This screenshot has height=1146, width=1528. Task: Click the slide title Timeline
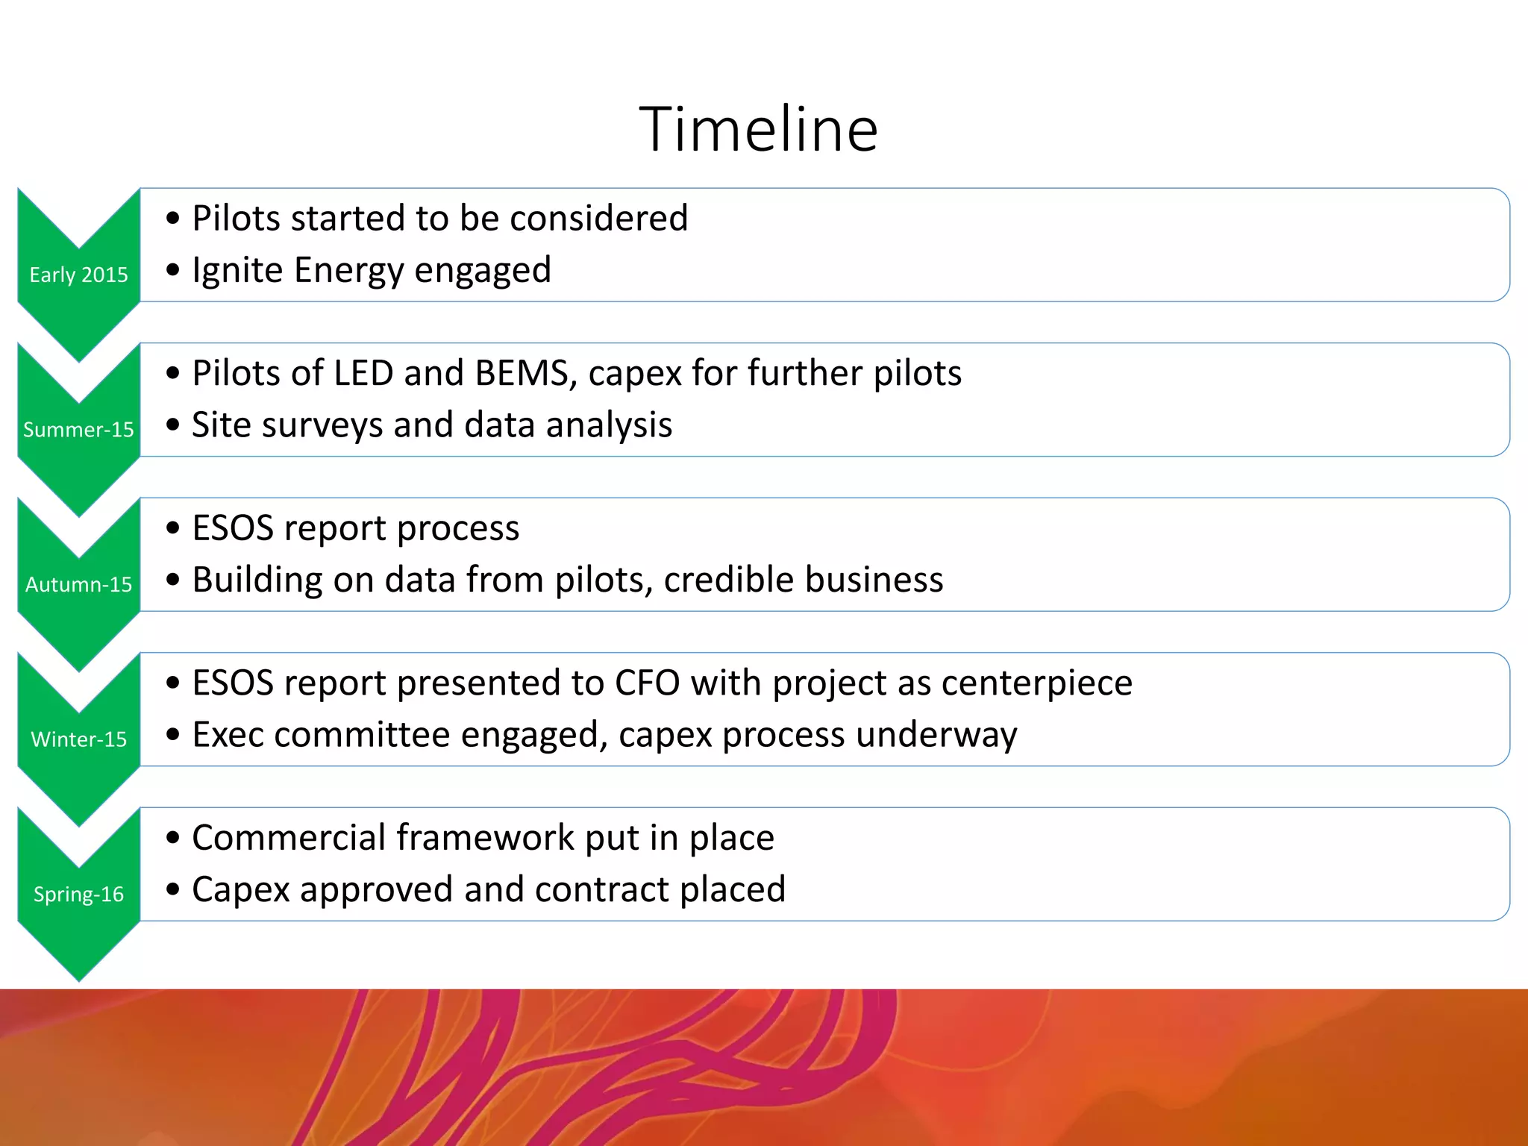click(x=759, y=130)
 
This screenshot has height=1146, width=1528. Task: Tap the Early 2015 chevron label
click(x=78, y=275)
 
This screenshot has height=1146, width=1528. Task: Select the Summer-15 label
click(x=78, y=430)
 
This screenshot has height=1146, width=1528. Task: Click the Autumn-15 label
click(x=78, y=584)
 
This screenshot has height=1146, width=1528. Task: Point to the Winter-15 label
click(x=78, y=739)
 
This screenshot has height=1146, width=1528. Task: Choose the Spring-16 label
click(x=78, y=894)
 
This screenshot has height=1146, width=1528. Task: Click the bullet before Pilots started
click(x=173, y=219)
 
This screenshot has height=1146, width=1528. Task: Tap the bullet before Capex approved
click(x=173, y=889)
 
